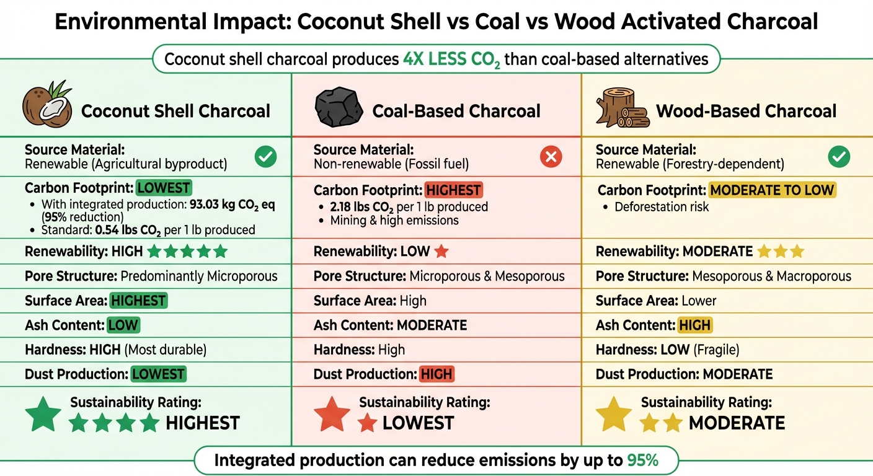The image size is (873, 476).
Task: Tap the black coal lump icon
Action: pos(339,108)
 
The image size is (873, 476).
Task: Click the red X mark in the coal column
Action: pos(551,157)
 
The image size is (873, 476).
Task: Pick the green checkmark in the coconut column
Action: pos(266,157)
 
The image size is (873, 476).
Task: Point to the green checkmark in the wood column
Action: pos(839,157)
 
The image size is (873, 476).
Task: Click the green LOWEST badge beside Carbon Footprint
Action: pos(164,188)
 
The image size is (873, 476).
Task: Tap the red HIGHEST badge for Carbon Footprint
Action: pos(453,190)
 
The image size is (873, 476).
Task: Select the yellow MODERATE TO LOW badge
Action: pos(772,190)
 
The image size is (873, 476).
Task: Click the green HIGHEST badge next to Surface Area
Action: pos(138,301)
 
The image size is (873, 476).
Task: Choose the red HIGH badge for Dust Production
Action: pos(436,374)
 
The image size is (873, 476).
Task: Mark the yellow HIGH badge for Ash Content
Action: pos(695,325)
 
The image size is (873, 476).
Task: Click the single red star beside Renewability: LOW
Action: pos(441,252)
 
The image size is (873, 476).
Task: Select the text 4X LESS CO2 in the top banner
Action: pos(452,59)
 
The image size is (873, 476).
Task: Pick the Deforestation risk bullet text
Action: pos(662,206)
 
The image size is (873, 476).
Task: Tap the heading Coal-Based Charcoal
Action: pos(456,111)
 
